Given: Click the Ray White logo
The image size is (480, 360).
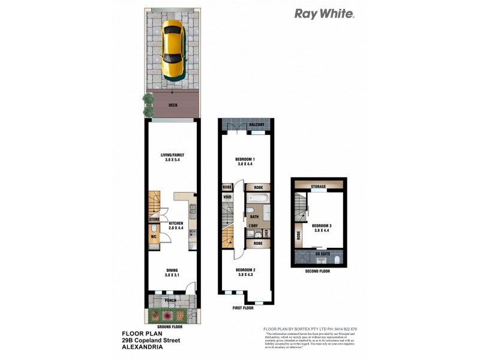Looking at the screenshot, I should pos(324,14).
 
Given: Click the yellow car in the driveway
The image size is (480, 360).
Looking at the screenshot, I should pos(173,50).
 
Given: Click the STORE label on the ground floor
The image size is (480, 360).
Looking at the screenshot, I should pos(154,220).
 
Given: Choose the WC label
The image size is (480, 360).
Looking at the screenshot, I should pos(153,236).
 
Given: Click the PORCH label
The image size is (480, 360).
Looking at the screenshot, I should pos(172,300).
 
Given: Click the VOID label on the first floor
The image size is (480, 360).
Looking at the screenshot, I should pos(227,196).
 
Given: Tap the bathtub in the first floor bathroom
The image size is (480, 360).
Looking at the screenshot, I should pos(257,199).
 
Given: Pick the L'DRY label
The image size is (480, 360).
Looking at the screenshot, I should pos(253,225).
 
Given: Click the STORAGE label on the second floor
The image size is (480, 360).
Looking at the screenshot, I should pos(318,187).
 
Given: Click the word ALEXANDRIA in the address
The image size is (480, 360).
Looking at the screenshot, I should pos(142,347).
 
